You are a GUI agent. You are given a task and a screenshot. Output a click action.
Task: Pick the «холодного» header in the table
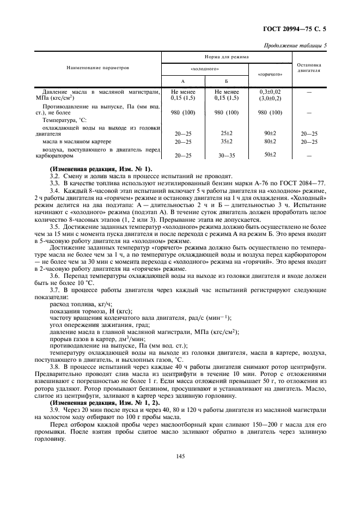tap(205, 69)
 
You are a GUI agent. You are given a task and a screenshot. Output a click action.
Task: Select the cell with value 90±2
tap(270, 133)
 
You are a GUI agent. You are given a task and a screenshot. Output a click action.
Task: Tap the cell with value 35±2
tap(227, 141)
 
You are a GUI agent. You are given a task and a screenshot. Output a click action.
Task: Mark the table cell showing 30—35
tap(227, 155)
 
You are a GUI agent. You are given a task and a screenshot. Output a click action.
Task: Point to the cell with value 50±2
tap(270, 155)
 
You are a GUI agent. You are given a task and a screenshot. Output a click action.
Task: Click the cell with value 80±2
tap(270, 141)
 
